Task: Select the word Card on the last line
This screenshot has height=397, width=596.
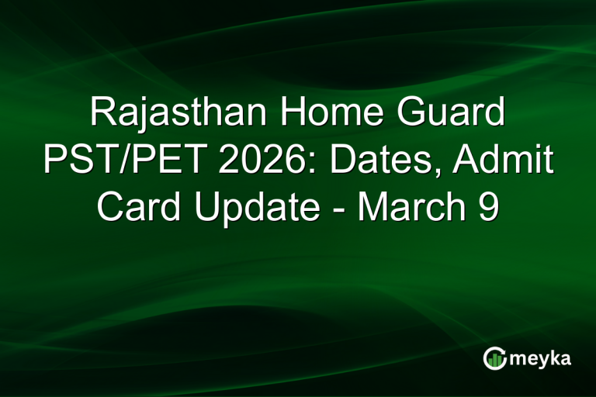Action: pos(137,209)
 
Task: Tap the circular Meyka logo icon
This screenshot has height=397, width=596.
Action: pos(495,358)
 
